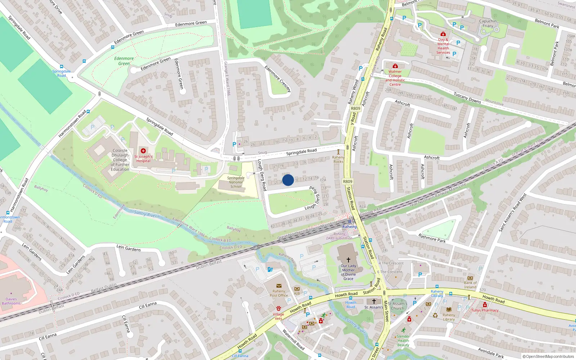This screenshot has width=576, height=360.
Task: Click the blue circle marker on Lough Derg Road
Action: point(288,180)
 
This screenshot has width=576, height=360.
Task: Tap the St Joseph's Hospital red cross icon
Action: point(143,151)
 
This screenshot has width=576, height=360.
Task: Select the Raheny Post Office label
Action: point(279,293)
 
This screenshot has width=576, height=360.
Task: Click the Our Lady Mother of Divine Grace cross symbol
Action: point(348,260)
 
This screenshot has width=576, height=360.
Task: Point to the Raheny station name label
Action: point(349,227)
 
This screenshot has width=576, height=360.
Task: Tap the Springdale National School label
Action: point(236,182)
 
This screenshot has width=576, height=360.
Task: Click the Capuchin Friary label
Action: point(488,23)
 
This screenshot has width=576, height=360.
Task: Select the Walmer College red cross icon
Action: point(395,66)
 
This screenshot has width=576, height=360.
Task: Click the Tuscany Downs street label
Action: point(467,98)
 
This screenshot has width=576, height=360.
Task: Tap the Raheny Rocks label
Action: point(338,159)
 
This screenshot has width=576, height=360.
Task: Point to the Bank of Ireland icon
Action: point(470,278)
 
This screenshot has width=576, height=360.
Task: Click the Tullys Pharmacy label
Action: point(485,310)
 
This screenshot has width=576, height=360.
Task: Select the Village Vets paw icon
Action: point(278,309)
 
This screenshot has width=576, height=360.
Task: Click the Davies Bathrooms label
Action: point(11,301)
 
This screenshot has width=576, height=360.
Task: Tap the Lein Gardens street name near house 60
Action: point(129,248)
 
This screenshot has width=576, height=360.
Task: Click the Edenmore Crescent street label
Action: point(278,79)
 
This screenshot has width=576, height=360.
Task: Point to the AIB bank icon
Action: point(297,289)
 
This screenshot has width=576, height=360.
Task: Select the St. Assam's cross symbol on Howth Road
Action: point(374,301)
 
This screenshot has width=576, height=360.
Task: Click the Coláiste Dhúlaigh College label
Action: point(120,160)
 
